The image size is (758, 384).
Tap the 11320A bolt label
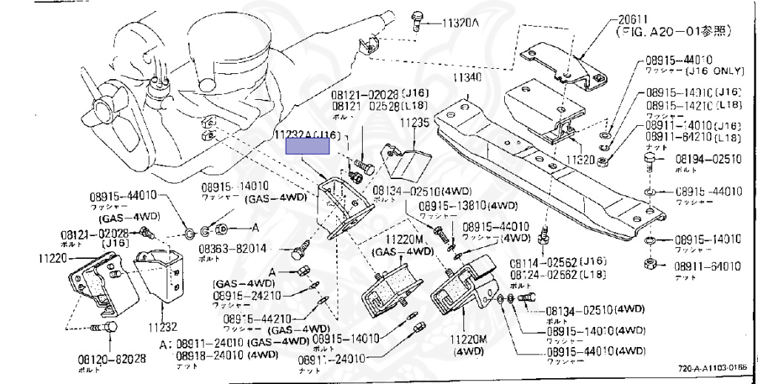pos(461,23)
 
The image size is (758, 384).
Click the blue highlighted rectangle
pos(308,145)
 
